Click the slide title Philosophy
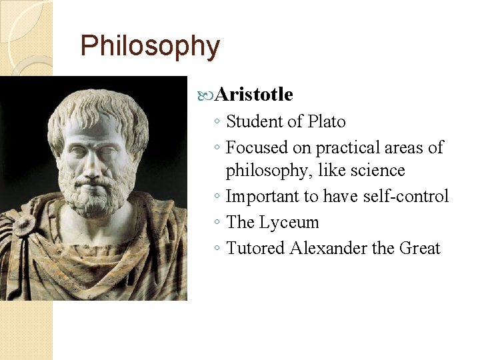click(149, 47)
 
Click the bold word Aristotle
click(254, 95)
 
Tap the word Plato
click(327, 121)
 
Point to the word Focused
click(254, 147)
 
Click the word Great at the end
click(420, 248)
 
